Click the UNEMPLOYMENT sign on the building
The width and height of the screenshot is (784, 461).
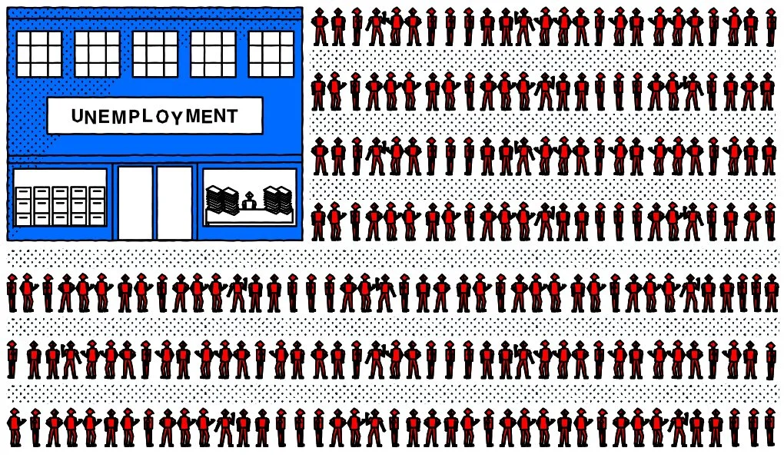click(x=154, y=116)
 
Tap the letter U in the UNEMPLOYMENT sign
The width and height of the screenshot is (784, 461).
click(x=77, y=117)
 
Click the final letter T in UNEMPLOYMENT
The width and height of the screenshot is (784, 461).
click(x=231, y=115)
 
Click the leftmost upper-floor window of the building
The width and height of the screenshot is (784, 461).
click(x=38, y=54)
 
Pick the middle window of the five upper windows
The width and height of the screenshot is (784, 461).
click(x=154, y=54)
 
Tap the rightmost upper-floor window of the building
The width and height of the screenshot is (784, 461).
click(x=271, y=54)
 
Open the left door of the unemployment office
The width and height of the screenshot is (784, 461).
click(x=135, y=203)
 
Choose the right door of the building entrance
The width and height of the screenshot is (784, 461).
click(x=174, y=203)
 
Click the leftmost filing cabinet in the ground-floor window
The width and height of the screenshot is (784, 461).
click(x=23, y=206)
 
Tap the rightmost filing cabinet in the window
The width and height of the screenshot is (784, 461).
click(x=97, y=206)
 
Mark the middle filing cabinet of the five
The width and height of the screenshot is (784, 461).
click(x=60, y=206)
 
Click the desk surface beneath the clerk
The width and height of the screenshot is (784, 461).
click(x=249, y=215)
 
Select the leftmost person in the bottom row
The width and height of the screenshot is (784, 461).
click(x=14, y=428)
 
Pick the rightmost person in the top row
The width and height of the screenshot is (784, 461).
click(x=771, y=27)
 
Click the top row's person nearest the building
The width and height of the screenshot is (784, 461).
click(x=319, y=27)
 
